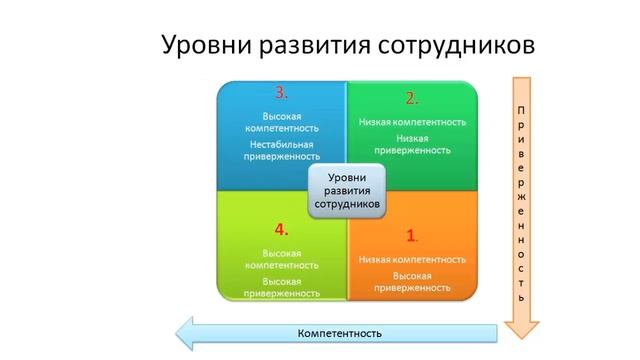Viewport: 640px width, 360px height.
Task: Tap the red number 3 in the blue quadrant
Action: [282, 93]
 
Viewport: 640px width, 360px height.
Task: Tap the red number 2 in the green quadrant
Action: [412, 97]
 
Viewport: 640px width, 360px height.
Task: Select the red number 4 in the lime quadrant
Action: [282, 228]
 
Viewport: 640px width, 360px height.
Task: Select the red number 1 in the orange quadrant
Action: [412, 236]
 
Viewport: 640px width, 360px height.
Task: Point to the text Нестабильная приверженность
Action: [283, 149]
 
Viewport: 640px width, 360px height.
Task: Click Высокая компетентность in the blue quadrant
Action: [283, 122]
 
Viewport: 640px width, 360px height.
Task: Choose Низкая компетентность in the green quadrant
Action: [412, 122]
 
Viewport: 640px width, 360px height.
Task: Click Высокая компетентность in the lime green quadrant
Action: [283, 259]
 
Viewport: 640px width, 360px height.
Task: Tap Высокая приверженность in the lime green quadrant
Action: [283, 288]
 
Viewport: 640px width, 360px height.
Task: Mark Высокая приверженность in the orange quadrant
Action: [412, 281]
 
